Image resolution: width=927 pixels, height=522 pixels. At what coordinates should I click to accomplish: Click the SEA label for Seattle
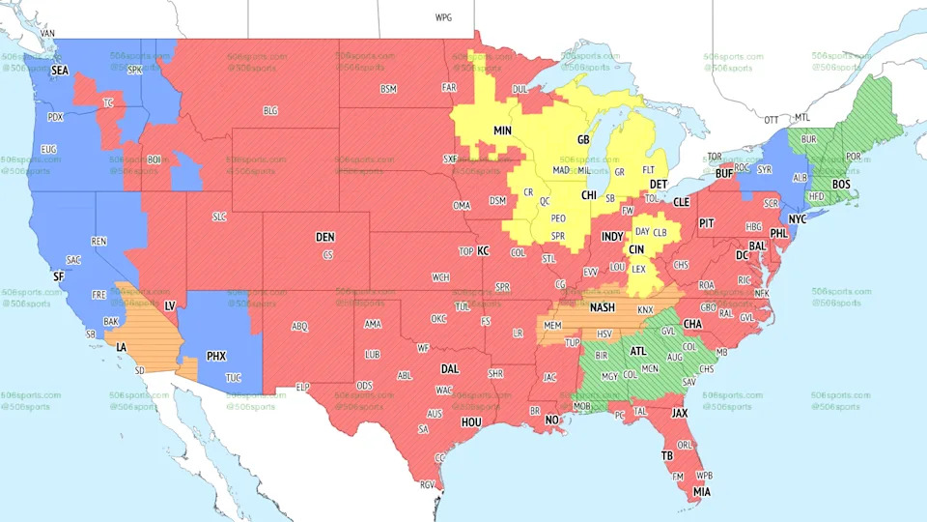point(60,71)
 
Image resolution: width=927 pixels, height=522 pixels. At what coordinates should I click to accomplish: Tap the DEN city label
point(325,237)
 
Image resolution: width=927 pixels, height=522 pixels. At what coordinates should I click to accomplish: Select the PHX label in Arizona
point(215,357)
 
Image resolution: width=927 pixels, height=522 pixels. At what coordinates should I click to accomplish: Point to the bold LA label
point(122,346)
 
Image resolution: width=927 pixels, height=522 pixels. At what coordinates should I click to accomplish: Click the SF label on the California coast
point(58,276)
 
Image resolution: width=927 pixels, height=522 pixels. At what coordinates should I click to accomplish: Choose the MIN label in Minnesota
point(502,130)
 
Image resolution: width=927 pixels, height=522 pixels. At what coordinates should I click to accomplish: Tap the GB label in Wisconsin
point(583,140)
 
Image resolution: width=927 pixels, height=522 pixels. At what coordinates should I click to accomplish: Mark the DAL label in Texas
point(449,368)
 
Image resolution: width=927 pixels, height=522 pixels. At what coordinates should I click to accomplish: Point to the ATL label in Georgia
point(638,352)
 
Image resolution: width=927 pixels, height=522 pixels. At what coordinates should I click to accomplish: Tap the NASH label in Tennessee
point(603,307)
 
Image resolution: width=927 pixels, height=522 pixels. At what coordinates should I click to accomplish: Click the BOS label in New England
point(840,184)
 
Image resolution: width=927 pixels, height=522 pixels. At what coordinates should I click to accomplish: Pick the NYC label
point(797,219)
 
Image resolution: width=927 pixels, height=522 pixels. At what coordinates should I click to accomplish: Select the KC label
point(483,250)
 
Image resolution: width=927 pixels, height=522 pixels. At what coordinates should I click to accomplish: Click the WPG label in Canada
point(443,17)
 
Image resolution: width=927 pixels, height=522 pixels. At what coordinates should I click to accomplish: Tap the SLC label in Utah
point(219,217)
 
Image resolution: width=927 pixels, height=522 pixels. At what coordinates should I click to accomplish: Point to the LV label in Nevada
point(169,305)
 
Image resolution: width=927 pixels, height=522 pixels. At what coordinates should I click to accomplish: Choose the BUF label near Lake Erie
point(723,175)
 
